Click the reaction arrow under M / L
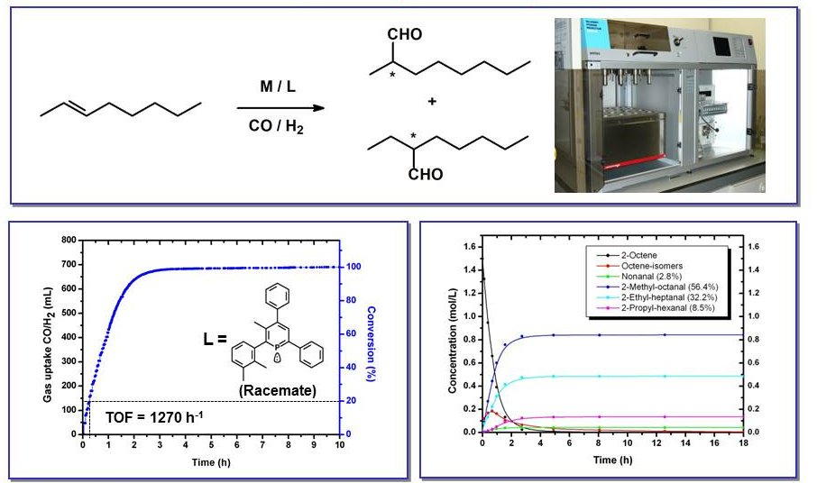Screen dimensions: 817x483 (280, 108)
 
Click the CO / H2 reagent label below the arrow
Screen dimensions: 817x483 (276, 126)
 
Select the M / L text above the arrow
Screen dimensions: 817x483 (278, 87)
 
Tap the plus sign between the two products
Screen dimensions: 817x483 (432, 102)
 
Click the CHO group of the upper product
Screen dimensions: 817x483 (405, 34)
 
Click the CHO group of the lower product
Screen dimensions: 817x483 (426, 174)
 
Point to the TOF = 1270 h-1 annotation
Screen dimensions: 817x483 (155, 417)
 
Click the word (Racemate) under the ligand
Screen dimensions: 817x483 (278, 390)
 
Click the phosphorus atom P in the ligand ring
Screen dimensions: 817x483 (277, 346)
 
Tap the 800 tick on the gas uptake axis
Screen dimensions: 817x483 (69, 241)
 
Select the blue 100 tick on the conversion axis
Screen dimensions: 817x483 (353, 267)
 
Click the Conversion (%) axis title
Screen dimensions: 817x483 (371, 343)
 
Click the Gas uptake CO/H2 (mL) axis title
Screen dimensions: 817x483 (48, 344)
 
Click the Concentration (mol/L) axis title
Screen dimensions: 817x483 (452, 341)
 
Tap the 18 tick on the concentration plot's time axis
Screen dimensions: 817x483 (743, 443)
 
